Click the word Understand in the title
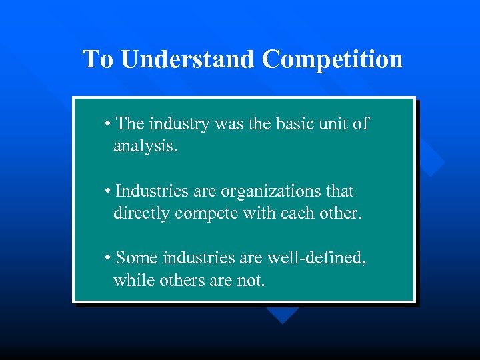point(187,59)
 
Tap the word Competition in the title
point(332,59)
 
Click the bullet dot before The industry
point(108,125)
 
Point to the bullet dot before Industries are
point(108,192)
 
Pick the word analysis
point(145,146)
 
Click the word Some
point(137,258)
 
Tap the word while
point(134,280)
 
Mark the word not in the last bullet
point(250,280)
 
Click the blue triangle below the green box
point(283,314)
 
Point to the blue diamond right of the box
point(430,160)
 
